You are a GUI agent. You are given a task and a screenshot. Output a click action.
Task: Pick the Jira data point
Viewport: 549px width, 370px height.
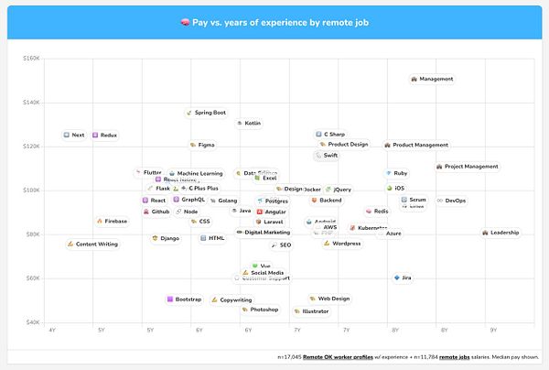pyautogui.click(x=403, y=277)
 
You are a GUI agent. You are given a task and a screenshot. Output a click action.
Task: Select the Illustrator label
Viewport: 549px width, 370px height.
pyautogui.click(x=311, y=311)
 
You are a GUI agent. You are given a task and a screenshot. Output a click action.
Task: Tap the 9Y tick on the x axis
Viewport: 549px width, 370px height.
pyautogui.click(x=493, y=330)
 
